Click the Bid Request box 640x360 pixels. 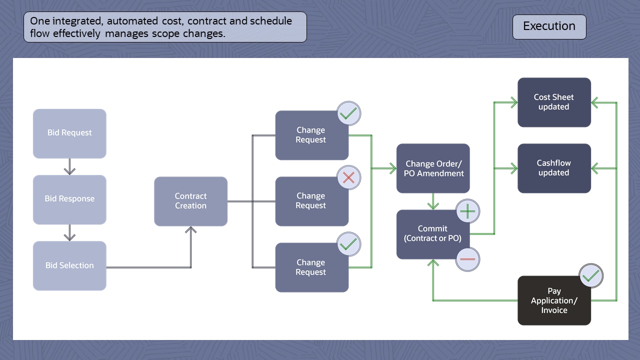coord(69,133)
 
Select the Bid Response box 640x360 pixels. coord(69,199)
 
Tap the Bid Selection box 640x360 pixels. coord(69,265)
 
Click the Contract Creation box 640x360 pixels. coord(190,201)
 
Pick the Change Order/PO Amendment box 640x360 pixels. coord(433,168)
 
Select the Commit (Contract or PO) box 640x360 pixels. coord(432,234)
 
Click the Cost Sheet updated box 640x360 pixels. coord(554,102)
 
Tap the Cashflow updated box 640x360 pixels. coord(554,168)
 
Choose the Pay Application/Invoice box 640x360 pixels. coord(554,300)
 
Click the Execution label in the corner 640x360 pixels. coord(549,26)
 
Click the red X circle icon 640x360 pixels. coord(348,177)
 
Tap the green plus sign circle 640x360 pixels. coord(467,211)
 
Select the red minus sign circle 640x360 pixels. coord(467,259)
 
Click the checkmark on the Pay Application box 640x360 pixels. coord(591,275)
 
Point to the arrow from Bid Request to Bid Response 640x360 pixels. coord(70,166)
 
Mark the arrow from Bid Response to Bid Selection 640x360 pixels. coord(70,232)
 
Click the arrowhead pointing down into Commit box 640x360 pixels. coord(433,205)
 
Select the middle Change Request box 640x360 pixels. coord(311,201)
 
